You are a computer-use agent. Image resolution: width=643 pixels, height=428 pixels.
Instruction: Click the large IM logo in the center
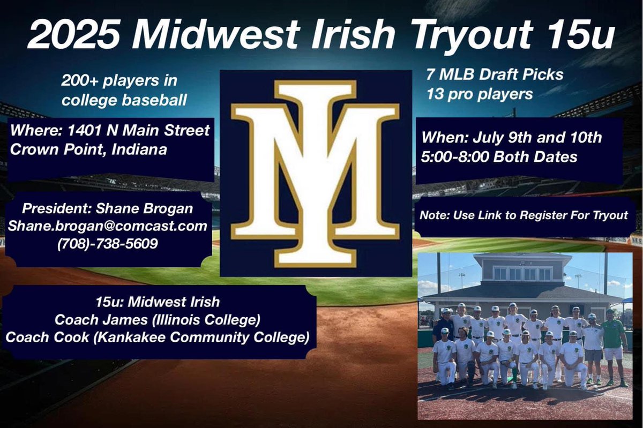point(315,173)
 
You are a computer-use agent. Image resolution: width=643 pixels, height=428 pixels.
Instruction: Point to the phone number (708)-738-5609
point(107,244)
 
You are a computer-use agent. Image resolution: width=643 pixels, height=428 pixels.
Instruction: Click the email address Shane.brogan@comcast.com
point(107,227)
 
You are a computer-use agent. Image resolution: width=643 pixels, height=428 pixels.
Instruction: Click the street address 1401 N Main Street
point(110,131)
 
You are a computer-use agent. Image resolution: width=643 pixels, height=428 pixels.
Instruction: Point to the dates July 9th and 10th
point(512,137)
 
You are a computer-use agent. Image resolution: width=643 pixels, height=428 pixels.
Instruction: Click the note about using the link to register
point(524,215)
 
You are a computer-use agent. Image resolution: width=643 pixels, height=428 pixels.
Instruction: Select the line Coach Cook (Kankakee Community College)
point(158,339)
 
